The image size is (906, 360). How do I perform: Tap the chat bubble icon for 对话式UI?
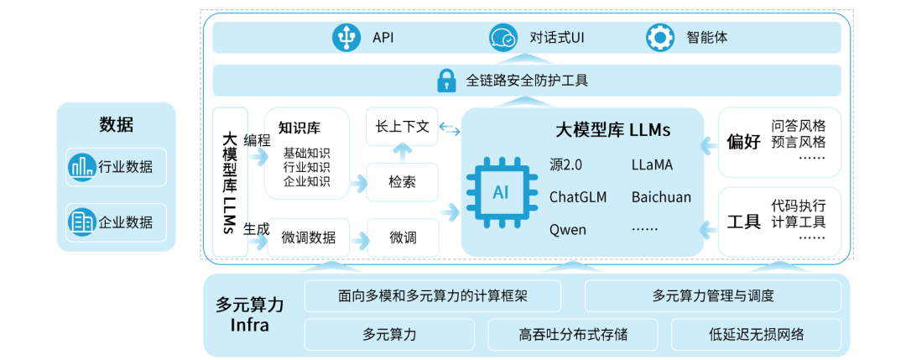pyautogui.click(x=503, y=38)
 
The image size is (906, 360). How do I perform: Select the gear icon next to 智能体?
pyautogui.click(x=660, y=38)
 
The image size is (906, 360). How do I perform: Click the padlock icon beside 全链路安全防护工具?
pyautogui.click(x=445, y=81)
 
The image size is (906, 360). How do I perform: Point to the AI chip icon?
pyautogui.click(x=501, y=193)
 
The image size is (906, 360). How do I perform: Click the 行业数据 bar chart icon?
pyautogui.click(x=82, y=167)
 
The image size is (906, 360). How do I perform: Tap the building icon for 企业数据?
pyautogui.click(x=82, y=222)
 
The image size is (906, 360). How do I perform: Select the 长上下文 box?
pyautogui.click(x=402, y=127)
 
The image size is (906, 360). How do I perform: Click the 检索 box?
pyautogui.click(x=402, y=182)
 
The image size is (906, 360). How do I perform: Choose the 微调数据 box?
pyautogui.click(x=308, y=237)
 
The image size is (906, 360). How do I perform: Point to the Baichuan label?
pyautogui.click(x=661, y=197)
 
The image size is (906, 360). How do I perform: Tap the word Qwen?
pyautogui.click(x=568, y=229)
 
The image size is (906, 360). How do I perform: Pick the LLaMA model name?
pyautogui.click(x=652, y=165)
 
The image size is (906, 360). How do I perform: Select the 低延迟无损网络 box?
pyautogui.click(x=756, y=334)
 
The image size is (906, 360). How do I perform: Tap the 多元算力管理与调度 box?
pyautogui.click(x=713, y=295)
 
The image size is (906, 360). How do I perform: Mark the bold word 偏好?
pyautogui.click(x=744, y=142)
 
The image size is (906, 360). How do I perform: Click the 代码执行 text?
pyautogui.click(x=799, y=206)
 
